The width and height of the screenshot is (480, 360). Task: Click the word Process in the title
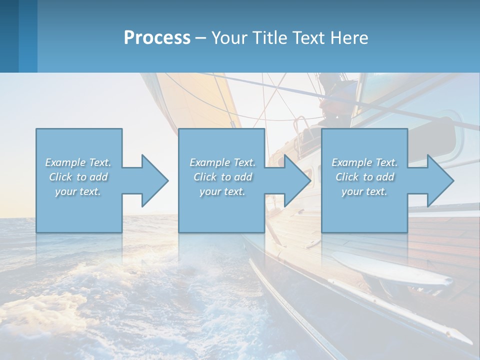[x=157, y=38]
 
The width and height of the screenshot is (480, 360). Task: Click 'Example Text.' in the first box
[x=78, y=162]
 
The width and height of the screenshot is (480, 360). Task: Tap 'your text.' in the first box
[x=78, y=191]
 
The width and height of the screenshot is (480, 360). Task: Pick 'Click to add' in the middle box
[x=222, y=177]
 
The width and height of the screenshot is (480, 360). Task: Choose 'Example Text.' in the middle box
[x=222, y=162]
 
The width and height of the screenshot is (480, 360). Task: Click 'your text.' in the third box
[x=364, y=191]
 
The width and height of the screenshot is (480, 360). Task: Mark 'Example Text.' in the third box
[x=364, y=162]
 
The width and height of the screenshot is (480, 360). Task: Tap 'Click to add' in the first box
[x=78, y=177]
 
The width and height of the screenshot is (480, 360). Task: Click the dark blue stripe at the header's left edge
[x=9, y=36]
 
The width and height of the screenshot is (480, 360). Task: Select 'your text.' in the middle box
[x=222, y=191]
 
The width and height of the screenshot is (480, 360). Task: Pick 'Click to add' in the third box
[x=364, y=177]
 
